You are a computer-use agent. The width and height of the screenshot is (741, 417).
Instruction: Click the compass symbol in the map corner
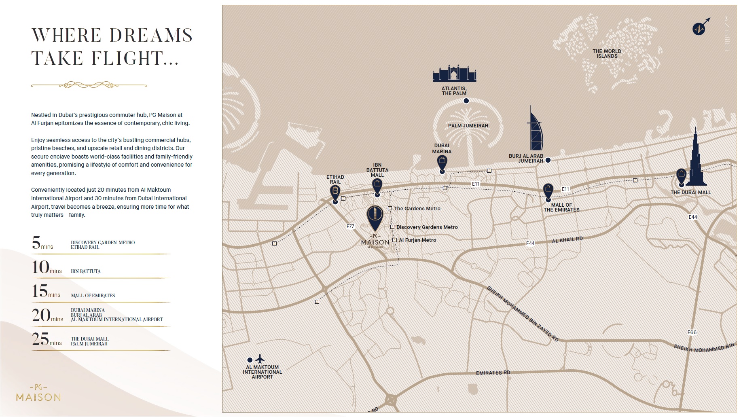pos(699,28)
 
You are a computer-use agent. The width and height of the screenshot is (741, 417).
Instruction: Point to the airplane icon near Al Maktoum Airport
pos(260,359)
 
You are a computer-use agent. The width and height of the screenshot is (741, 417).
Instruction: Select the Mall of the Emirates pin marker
pos(548,190)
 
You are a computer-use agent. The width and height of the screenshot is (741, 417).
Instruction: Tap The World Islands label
pos(607,54)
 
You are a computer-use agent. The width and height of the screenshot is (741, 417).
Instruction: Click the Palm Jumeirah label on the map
pos(468,126)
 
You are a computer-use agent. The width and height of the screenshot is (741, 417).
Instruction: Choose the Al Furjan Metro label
pos(417,240)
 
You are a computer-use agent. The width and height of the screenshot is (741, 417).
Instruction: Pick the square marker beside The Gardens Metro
pos(390,209)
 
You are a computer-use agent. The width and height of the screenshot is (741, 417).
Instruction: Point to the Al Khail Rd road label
pos(567,240)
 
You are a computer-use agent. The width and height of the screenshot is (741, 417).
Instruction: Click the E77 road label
pos(350,226)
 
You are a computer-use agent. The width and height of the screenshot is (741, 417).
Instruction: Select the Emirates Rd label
pos(493,373)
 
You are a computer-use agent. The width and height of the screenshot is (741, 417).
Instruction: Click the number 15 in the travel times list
pos(40,291)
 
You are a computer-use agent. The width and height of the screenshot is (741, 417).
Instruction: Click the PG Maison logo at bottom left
pos(38,393)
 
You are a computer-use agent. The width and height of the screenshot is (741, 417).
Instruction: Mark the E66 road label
pos(692,332)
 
